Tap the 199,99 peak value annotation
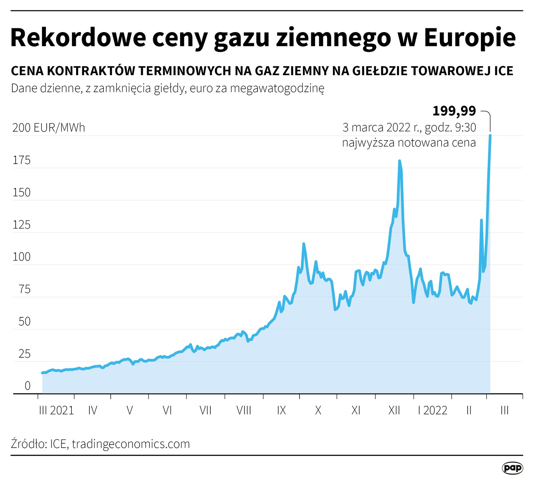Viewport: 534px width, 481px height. pyautogui.click(x=454, y=111)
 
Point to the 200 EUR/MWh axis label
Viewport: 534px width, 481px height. pyautogui.click(x=49, y=128)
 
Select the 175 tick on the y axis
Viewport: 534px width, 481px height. pyautogui.click(x=21, y=160)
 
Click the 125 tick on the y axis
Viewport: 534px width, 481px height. pyautogui.click(x=21, y=225)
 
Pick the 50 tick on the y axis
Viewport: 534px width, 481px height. pyautogui.click(x=24, y=321)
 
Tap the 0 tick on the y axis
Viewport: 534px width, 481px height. pyautogui.click(x=27, y=386)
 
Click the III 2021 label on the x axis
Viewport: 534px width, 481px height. pyautogui.click(x=56, y=410)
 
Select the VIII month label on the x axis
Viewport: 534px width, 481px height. pyautogui.click(x=243, y=410)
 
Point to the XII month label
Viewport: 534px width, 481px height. pyautogui.click(x=394, y=410)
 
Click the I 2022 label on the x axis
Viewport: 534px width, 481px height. pyautogui.click(x=433, y=410)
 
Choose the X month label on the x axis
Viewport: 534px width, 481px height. pyautogui.click(x=318, y=410)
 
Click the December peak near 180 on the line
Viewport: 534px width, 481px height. pyautogui.click(x=399, y=161)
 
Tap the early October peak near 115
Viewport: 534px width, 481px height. pyautogui.click(x=304, y=244)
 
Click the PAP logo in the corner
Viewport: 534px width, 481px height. pyautogui.click(x=512, y=468)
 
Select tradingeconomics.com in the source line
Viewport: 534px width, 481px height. pyautogui.click(x=131, y=444)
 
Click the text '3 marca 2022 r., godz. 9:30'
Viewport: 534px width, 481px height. pyautogui.click(x=409, y=127)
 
